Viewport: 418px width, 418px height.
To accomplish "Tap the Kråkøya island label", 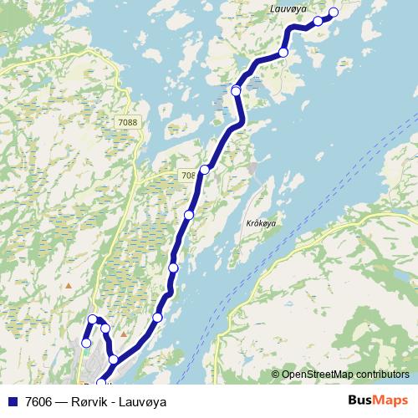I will click(x=262, y=223).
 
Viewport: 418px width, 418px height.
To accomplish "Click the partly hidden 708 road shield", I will click(x=189, y=176).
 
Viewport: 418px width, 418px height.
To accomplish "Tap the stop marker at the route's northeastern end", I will click(x=334, y=13).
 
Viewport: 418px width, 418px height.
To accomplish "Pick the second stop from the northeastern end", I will click(x=318, y=21).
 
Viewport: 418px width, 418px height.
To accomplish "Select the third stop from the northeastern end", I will click(x=283, y=53).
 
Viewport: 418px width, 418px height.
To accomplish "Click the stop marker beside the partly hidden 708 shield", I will click(x=204, y=170).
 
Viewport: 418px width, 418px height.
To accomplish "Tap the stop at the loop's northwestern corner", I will click(x=93, y=319).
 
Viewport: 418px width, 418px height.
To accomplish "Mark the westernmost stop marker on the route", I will click(x=85, y=343).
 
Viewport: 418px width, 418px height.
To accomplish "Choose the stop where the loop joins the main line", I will click(x=114, y=360).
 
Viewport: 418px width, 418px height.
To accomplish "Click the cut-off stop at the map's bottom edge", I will click(x=101, y=384).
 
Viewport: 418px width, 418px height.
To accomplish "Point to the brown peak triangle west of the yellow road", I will click(x=69, y=286).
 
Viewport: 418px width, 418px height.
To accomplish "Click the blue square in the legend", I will click(x=12, y=402).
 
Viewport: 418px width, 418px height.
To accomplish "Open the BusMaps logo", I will click(x=378, y=400).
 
